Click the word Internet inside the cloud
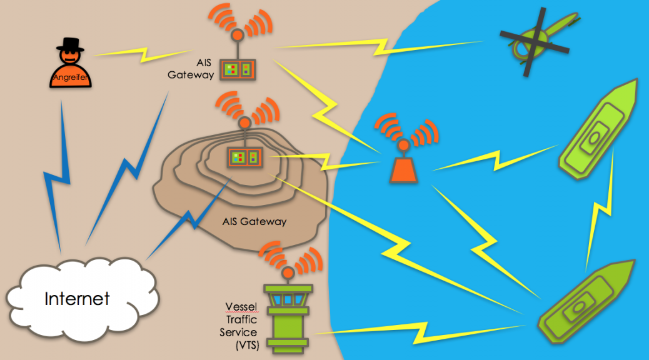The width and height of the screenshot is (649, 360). (x=77, y=299)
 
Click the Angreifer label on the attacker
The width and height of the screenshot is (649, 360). (x=69, y=77)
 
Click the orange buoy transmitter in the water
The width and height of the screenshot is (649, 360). (x=404, y=167)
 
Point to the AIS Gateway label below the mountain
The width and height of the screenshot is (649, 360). (x=254, y=221)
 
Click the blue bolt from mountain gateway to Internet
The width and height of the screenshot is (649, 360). (x=188, y=219)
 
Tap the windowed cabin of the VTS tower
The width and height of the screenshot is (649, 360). (x=287, y=299)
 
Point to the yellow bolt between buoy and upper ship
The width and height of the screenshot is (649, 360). (x=494, y=160)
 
